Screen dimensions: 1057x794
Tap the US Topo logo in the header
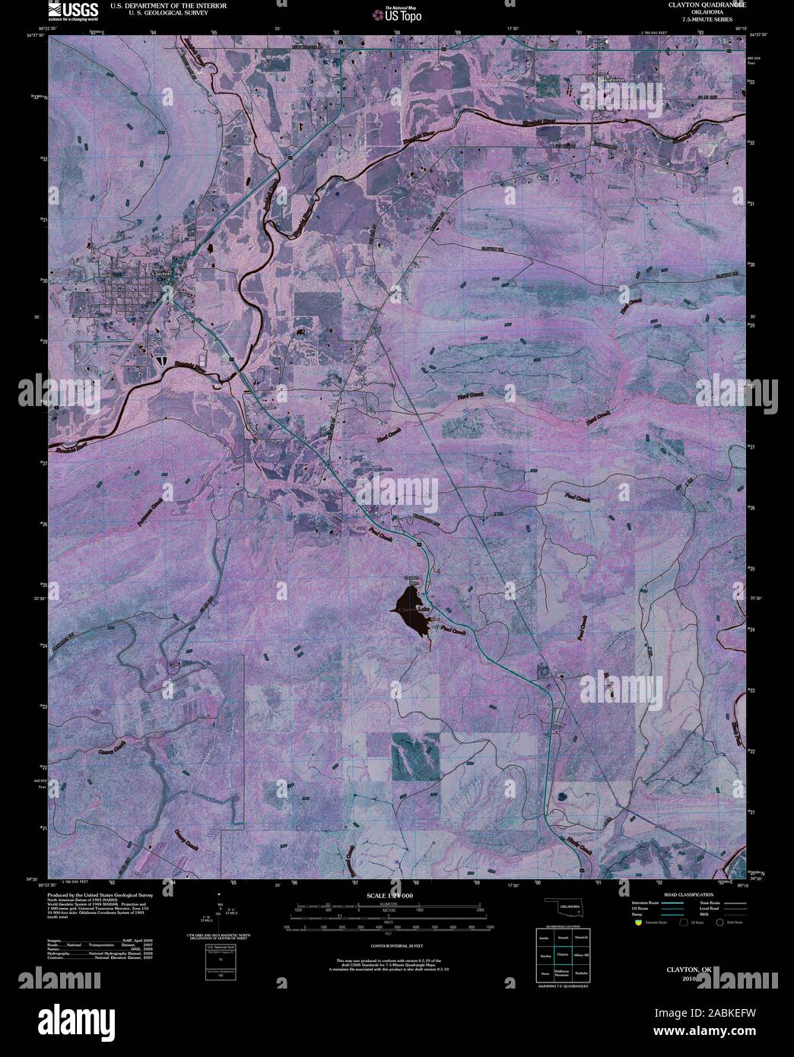point(396,13)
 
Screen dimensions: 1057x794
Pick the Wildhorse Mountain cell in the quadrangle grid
point(563,973)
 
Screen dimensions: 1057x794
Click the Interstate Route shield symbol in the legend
point(637,922)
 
